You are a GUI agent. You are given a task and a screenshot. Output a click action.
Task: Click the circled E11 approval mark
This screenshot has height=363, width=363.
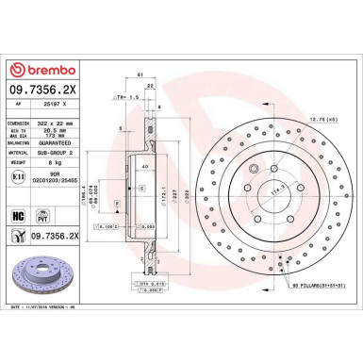click(19, 176)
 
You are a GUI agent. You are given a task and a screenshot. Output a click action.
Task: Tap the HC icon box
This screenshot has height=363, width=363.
click(18, 215)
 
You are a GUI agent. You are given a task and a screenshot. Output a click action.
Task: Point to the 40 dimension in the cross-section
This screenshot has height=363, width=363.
click(143, 166)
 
